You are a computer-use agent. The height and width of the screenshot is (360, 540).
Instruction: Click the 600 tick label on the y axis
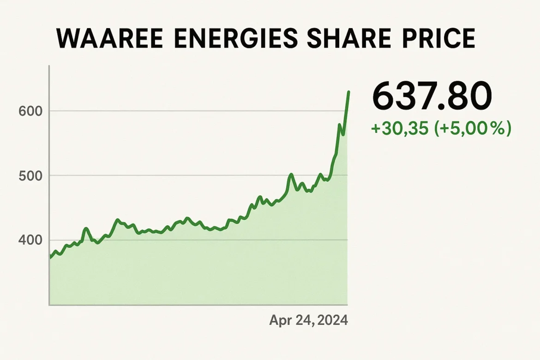(x=30, y=111)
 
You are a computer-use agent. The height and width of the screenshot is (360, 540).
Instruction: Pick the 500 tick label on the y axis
(x=30, y=176)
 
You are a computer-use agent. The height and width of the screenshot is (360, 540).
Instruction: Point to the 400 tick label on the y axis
(x=30, y=240)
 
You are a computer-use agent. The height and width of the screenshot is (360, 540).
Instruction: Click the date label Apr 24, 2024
(x=308, y=320)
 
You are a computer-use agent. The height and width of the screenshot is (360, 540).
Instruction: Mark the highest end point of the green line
(x=348, y=92)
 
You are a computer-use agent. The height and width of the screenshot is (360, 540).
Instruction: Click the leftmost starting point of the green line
(x=50, y=258)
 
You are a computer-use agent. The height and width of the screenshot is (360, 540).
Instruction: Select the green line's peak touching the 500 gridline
(x=291, y=174)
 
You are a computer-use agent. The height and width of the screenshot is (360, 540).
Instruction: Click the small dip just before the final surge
(x=343, y=134)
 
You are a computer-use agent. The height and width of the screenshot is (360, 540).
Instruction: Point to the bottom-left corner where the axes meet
(x=49, y=305)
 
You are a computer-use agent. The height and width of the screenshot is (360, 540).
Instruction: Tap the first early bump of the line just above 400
(x=86, y=228)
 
